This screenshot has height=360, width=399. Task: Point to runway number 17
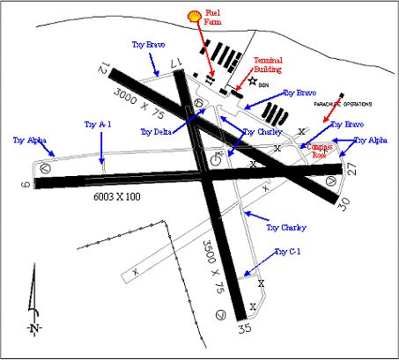(x=178, y=61)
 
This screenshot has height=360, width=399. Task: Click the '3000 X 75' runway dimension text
(x=138, y=97)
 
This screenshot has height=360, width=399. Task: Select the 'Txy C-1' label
(x=287, y=252)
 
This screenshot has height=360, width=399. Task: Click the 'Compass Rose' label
(x=321, y=150)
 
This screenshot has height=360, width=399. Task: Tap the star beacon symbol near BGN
(x=254, y=81)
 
